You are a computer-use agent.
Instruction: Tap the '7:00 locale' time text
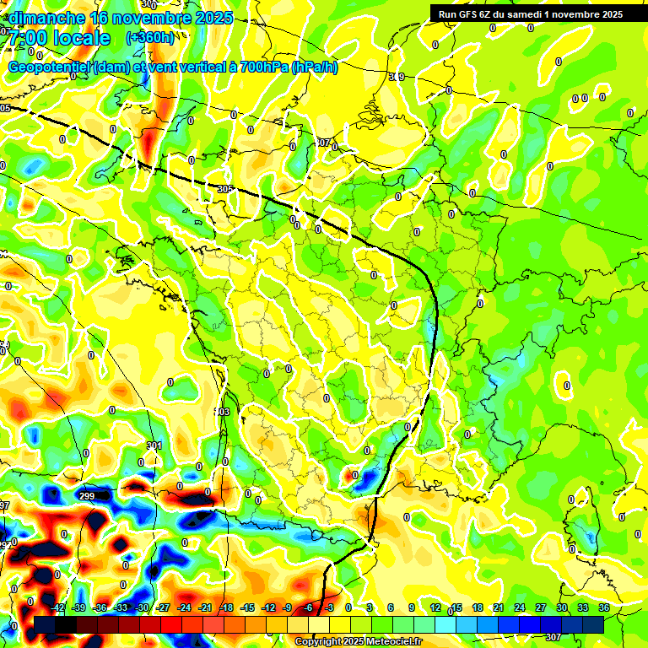pyautogui.click(x=59, y=38)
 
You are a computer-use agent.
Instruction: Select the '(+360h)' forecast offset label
pyautogui.click(x=150, y=37)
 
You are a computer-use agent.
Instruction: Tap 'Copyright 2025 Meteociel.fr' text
pyautogui.click(x=358, y=642)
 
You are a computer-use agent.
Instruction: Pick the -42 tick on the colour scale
pyautogui.click(x=58, y=607)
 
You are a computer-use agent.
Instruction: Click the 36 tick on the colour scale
pyautogui.click(x=605, y=607)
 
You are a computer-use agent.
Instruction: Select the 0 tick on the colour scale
pyautogui.click(x=348, y=607)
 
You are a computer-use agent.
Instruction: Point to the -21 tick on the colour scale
pyautogui.click(x=205, y=607)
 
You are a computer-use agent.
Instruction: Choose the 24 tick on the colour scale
pyautogui.click(x=520, y=607)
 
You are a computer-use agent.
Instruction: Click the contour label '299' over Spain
pyautogui.click(x=86, y=496)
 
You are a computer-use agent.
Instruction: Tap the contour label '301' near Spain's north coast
pyautogui.click(x=154, y=445)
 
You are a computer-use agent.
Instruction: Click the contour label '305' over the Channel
pyautogui.click(x=224, y=190)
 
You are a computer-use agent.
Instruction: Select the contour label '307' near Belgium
pyautogui.click(x=322, y=143)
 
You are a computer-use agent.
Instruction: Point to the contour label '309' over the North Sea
pyautogui.click(x=397, y=77)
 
